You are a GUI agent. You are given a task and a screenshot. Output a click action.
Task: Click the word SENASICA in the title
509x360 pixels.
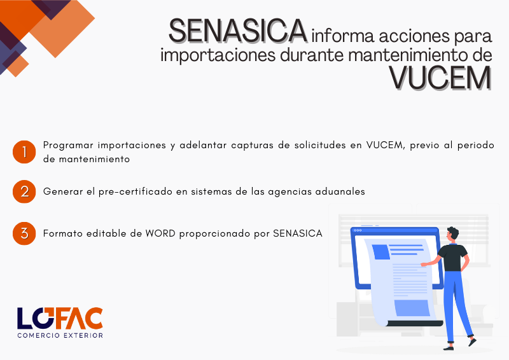coord(237,31)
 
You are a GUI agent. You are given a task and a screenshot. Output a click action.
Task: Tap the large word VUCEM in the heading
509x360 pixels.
coord(440,79)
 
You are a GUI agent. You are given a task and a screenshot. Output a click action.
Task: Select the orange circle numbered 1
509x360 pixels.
coord(24,152)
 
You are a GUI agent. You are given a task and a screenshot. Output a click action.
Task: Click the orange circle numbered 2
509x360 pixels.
coord(24,191)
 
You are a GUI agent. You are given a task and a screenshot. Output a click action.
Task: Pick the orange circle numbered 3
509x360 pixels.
coord(24,233)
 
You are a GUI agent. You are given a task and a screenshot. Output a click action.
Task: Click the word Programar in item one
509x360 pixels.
coord(68,146)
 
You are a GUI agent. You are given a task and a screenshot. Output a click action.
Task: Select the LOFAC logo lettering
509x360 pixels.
coord(60,318)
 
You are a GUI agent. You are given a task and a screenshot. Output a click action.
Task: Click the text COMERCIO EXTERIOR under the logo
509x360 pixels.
coord(60,335)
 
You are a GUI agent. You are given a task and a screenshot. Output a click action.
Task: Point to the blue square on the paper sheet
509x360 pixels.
coord(380,252)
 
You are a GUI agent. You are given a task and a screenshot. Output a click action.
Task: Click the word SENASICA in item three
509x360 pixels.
coord(298,233)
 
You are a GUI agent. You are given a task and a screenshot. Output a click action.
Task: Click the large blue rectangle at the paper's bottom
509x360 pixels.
coord(412,308)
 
